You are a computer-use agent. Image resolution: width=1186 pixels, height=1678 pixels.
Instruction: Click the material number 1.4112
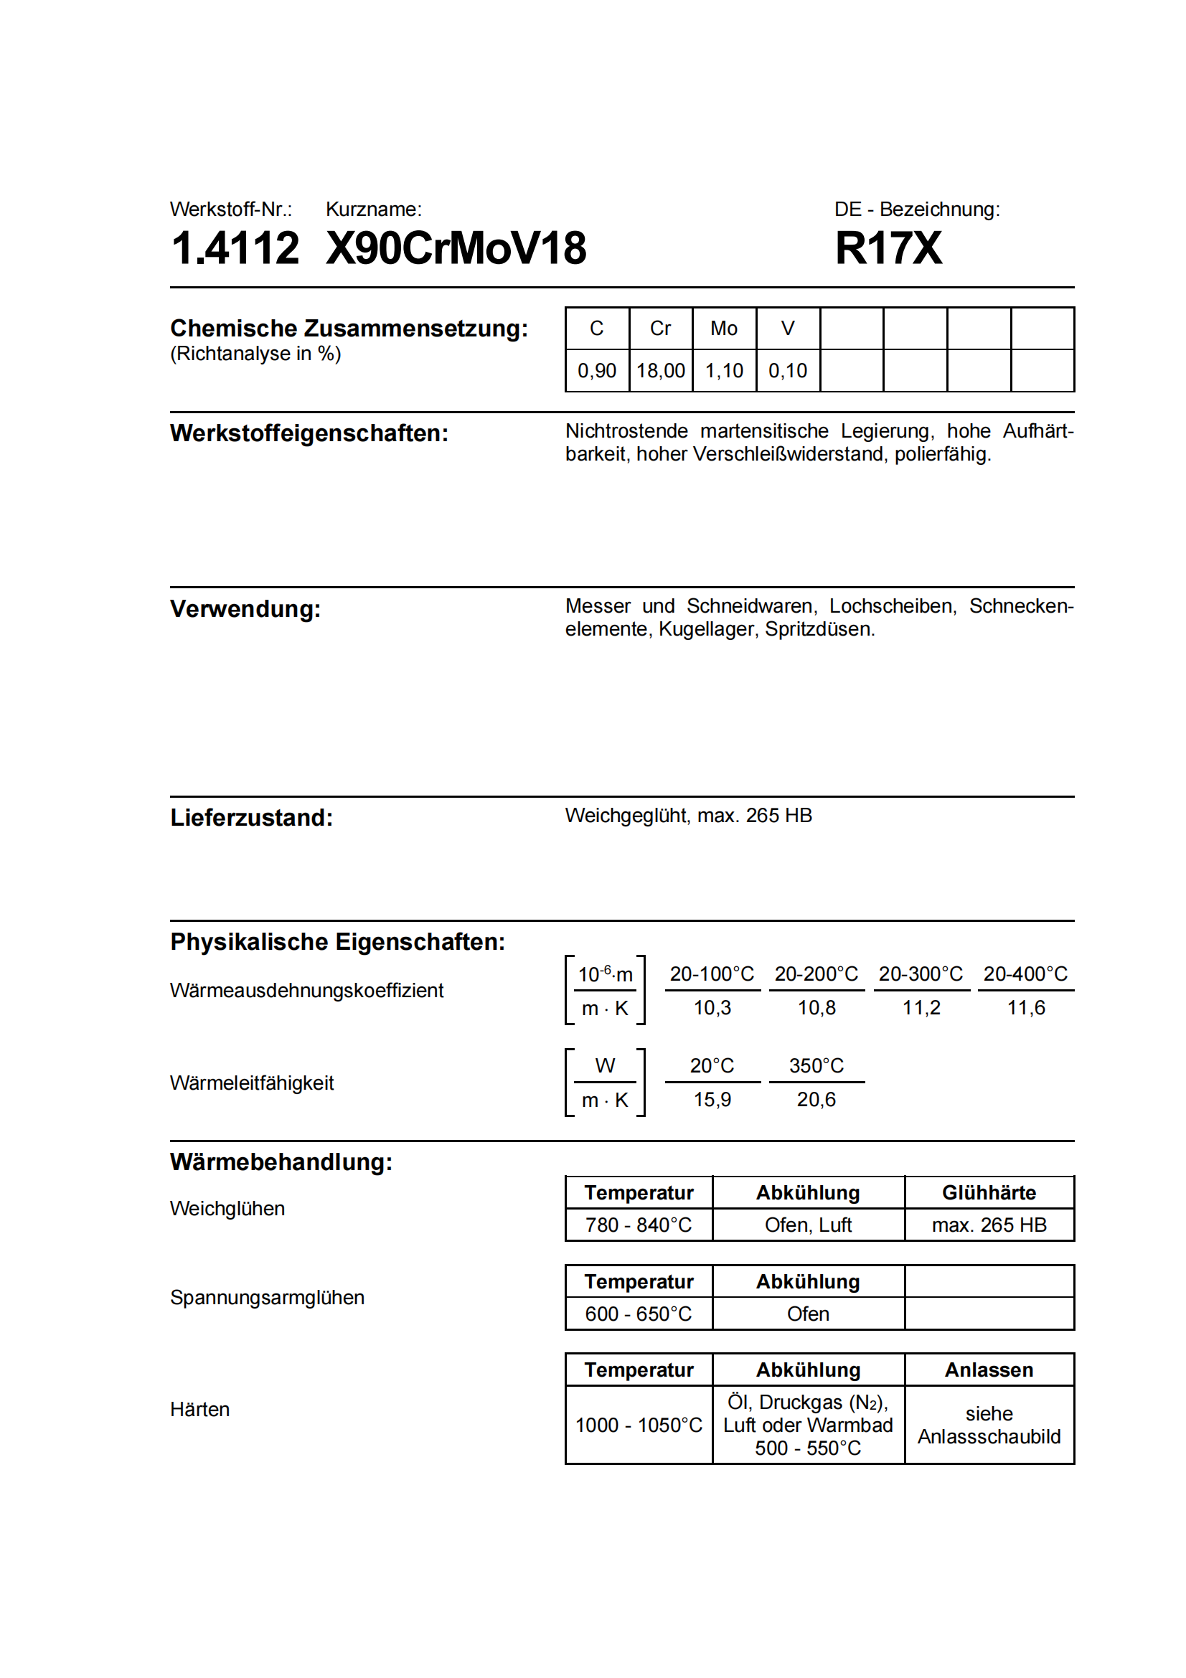pos(235,248)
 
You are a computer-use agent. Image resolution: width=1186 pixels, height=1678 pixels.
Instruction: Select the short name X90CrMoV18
pos(456,248)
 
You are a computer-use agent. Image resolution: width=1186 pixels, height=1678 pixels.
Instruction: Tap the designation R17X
pos(888,248)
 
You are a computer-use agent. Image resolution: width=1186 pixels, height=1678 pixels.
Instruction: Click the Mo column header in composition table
pos(723,329)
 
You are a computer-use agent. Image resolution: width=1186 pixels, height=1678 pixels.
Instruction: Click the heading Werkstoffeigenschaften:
pos(309,433)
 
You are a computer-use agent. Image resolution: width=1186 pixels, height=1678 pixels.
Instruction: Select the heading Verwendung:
pos(245,609)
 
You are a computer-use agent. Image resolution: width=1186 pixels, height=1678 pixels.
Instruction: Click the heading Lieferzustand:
pos(251,818)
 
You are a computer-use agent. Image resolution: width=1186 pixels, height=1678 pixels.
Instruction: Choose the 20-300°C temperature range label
pos(921,974)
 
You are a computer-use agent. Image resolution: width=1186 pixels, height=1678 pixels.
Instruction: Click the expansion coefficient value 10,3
pos(712,1009)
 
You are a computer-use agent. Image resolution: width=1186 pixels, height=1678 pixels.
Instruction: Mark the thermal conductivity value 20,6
pos(816,1100)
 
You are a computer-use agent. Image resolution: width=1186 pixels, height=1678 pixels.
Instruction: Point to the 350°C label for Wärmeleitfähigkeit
pos(816,1066)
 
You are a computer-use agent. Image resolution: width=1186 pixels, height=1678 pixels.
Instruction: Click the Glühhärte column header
pos(989,1193)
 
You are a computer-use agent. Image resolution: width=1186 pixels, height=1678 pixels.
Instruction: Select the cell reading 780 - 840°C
pos(639,1225)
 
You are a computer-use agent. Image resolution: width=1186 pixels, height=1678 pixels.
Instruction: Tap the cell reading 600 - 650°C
pos(639,1314)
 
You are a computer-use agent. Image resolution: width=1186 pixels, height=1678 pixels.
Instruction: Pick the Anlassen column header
pos(989,1370)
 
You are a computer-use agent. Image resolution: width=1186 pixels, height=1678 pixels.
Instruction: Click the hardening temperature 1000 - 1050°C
pos(639,1425)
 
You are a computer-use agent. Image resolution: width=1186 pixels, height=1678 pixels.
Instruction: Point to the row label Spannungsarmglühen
pos(268,1298)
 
